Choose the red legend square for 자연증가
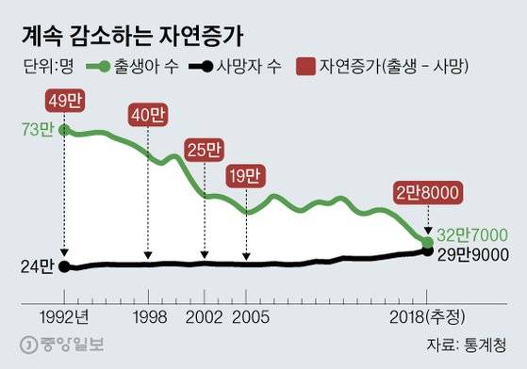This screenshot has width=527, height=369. [306, 68]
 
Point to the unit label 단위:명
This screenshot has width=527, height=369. [45, 68]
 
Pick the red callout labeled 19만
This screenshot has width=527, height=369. [247, 175]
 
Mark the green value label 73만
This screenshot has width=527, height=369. [37, 129]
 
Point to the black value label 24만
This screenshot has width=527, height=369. [37, 266]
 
